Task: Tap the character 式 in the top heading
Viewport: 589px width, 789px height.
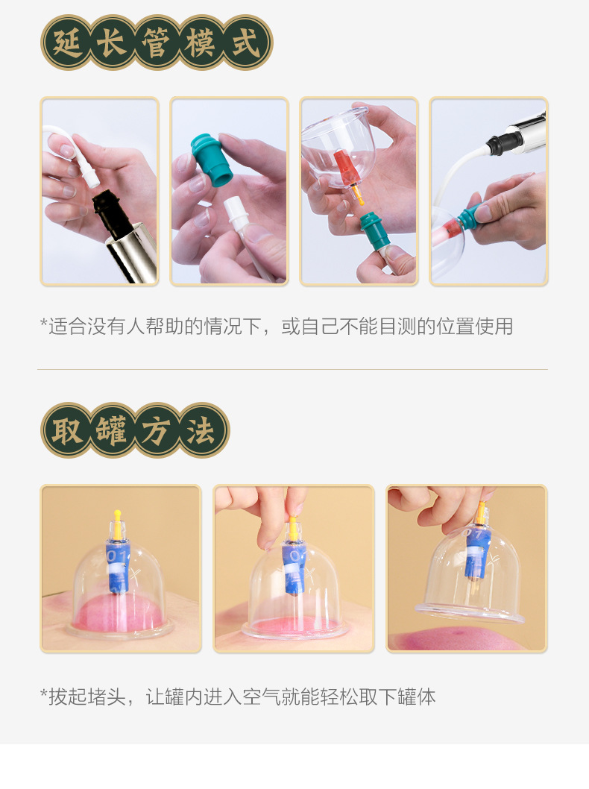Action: pos(247,43)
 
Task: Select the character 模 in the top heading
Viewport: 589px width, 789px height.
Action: pos(201,43)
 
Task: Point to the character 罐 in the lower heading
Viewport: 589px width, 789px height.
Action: pos(113,430)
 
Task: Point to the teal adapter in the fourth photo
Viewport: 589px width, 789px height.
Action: pos(468,216)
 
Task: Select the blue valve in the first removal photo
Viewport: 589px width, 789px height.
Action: pos(116,563)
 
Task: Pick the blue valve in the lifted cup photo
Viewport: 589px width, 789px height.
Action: pos(475,553)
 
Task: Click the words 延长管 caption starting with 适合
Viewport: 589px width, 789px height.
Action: pos(276,326)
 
